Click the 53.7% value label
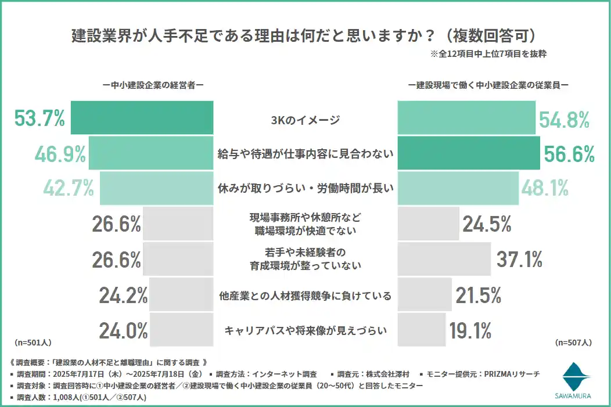point(39,119)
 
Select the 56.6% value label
point(569,154)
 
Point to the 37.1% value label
point(519,260)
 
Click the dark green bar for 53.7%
point(142,118)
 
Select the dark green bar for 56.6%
point(469,153)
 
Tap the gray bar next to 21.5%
point(425,295)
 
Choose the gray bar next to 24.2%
point(181,295)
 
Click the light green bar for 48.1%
point(458,188)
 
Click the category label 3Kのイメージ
point(305,120)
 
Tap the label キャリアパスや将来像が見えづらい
point(305,331)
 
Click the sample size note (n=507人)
point(573,343)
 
